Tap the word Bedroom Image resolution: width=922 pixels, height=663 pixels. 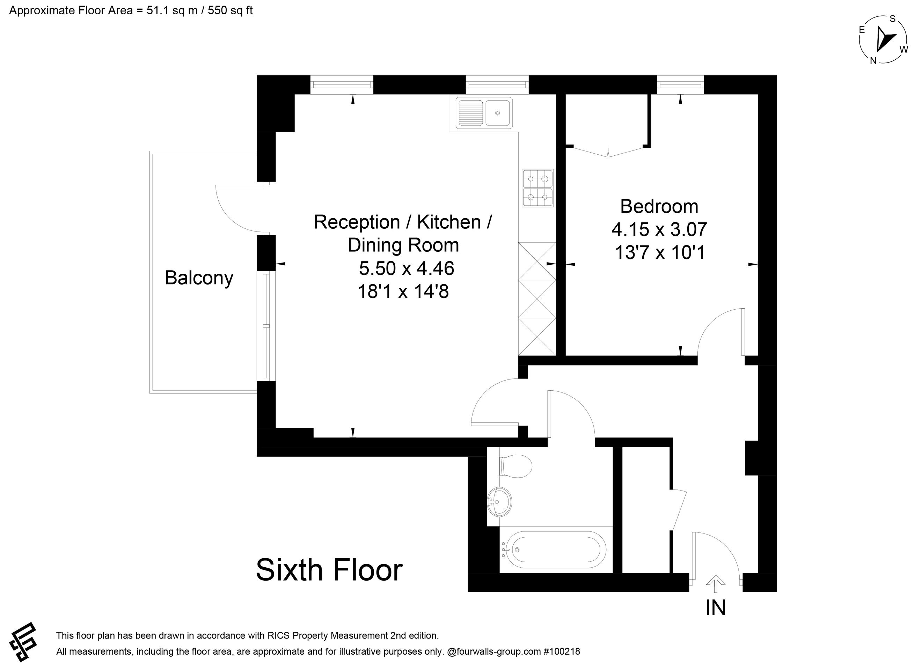click(x=659, y=206)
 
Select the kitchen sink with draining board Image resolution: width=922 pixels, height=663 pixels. click(x=484, y=113)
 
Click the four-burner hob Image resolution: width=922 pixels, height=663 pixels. click(x=537, y=188)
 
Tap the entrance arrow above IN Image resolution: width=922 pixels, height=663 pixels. click(x=716, y=584)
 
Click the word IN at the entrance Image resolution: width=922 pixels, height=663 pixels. click(x=716, y=608)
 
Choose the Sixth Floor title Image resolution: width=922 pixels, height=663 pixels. click(x=329, y=570)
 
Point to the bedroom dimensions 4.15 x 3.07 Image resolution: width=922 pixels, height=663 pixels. click(x=659, y=230)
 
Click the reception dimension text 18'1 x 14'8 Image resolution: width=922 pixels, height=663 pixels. click(x=403, y=292)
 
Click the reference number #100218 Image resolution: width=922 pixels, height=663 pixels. click(x=562, y=651)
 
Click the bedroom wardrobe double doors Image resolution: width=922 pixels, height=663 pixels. click(x=608, y=152)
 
